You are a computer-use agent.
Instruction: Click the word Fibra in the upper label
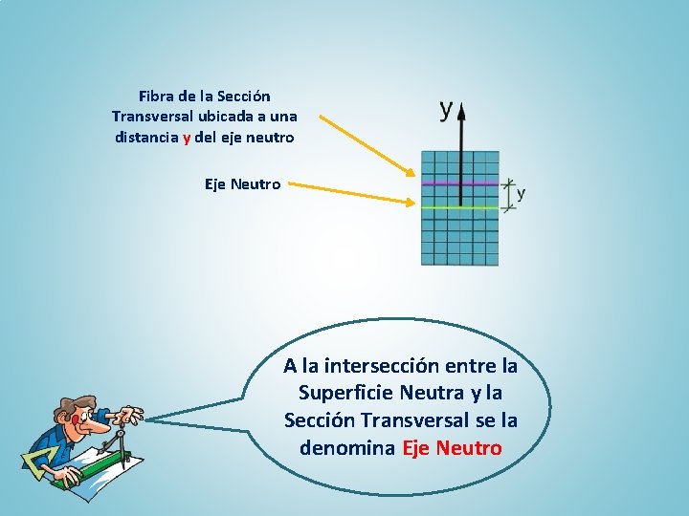(156, 97)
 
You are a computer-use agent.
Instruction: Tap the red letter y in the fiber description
(188, 137)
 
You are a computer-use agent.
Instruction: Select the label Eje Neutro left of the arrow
(243, 183)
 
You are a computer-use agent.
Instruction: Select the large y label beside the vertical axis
(446, 108)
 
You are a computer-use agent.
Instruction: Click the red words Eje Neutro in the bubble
(452, 447)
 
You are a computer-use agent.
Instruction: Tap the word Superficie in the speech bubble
(346, 393)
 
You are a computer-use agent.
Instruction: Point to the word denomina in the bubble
(347, 447)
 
